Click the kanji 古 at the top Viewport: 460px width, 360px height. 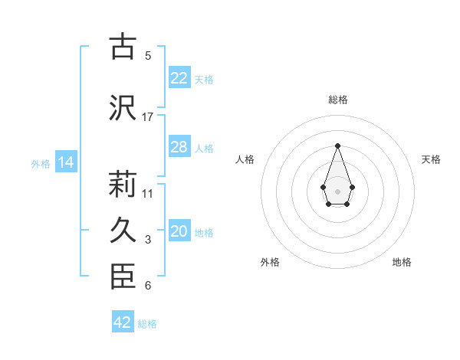123,47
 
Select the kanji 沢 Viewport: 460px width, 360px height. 123,108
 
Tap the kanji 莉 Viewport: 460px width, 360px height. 123,185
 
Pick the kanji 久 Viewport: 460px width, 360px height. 123,231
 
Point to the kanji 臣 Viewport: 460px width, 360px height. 123,277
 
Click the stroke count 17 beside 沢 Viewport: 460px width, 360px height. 148,116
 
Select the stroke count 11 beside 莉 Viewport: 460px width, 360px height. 148,193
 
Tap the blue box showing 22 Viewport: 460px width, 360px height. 179,78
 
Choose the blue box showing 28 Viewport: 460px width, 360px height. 179,147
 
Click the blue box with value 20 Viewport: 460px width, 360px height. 179,232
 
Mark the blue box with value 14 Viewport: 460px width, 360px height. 65,162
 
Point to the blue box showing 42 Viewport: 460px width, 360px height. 123,322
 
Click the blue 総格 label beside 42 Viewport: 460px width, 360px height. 147,324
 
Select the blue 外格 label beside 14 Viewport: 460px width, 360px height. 41,163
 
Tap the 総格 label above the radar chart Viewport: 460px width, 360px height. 337,100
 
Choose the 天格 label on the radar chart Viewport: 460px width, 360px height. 431,159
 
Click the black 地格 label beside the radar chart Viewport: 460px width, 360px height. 402,262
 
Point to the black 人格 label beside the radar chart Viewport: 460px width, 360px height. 245,159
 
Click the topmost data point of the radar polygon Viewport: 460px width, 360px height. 337,146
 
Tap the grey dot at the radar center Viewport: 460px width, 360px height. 337,190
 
